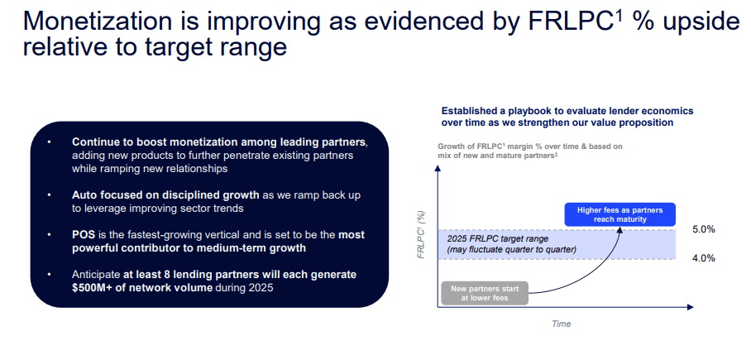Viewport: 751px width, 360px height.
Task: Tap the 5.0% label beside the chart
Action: click(x=704, y=229)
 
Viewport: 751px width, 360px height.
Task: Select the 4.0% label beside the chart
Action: click(x=704, y=259)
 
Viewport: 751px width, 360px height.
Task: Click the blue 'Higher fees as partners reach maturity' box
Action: click(x=619, y=214)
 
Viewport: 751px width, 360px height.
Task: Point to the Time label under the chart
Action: click(x=561, y=324)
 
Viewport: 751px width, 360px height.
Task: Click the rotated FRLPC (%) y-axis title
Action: click(x=422, y=235)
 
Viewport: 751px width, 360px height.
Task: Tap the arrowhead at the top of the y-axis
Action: click(x=438, y=167)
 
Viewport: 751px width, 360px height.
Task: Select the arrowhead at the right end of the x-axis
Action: click(x=690, y=306)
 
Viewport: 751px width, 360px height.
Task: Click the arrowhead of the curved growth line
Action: click(x=619, y=229)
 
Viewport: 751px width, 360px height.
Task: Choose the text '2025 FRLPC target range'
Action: click(x=497, y=238)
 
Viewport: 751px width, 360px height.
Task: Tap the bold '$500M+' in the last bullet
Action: click(x=90, y=288)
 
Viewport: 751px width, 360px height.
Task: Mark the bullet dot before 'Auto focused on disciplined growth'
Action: click(x=49, y=195)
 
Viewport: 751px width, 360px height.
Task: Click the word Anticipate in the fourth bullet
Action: click(x=96, y=276)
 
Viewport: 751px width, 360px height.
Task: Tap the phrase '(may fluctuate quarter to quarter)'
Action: click(x=511, y=250)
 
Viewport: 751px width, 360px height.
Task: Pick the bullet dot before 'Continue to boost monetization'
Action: click(x=49, y=143)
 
